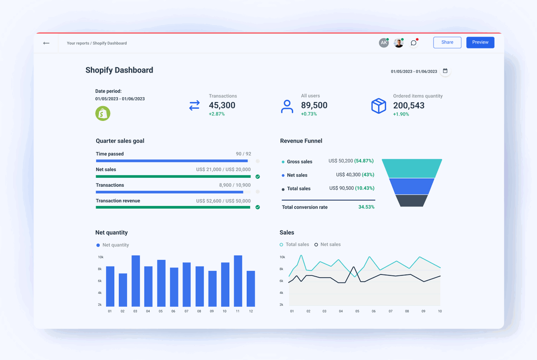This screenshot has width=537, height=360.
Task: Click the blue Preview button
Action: [480, 43]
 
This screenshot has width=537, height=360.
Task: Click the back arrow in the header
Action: [46, 43]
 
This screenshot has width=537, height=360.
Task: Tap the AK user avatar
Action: [384, 43]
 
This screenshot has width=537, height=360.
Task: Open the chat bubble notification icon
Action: [413, 43]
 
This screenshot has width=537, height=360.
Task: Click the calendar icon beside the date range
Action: [445, 71]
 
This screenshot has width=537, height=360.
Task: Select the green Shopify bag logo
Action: [102, 113]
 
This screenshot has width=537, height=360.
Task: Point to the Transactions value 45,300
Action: [222, 106]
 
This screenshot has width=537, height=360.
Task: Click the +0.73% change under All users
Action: [309, 114]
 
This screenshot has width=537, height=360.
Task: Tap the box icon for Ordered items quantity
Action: [379, 106]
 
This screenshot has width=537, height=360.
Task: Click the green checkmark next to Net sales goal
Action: [258, 177]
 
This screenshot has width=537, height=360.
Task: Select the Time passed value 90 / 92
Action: [243, 154]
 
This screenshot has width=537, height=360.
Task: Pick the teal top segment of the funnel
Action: [412, 168]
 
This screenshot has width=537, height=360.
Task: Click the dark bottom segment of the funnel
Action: [412, 201]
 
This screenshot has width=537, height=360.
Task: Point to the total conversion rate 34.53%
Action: [366, 207]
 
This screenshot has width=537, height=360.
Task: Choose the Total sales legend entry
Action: [294, 244]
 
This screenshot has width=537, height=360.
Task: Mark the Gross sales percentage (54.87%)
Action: [364, 161]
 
